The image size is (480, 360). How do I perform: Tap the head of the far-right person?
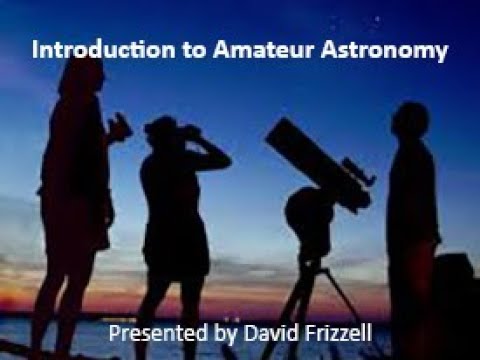click(410, 121)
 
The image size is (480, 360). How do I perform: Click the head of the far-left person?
click(81, 75)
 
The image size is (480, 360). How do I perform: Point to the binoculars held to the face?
click(187, 131)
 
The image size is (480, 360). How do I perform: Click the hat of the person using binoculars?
click(160, 124)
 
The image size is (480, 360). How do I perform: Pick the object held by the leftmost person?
click(120, 127)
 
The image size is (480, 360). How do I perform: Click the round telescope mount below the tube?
click(300, 210)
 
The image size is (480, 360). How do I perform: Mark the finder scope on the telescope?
click(354, 167)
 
